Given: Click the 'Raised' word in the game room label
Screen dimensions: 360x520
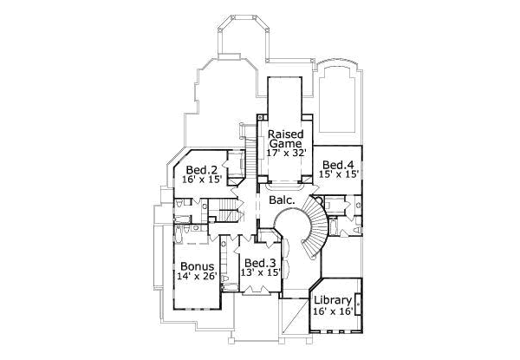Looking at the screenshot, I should coord(284,134).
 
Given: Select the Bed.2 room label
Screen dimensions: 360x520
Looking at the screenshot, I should coord(201,169).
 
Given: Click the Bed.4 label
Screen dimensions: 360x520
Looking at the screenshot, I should coord(337,164).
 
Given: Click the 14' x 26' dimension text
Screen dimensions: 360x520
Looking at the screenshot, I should coord(196,276).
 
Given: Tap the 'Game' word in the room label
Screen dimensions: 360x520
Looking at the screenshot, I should coord(284,145).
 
